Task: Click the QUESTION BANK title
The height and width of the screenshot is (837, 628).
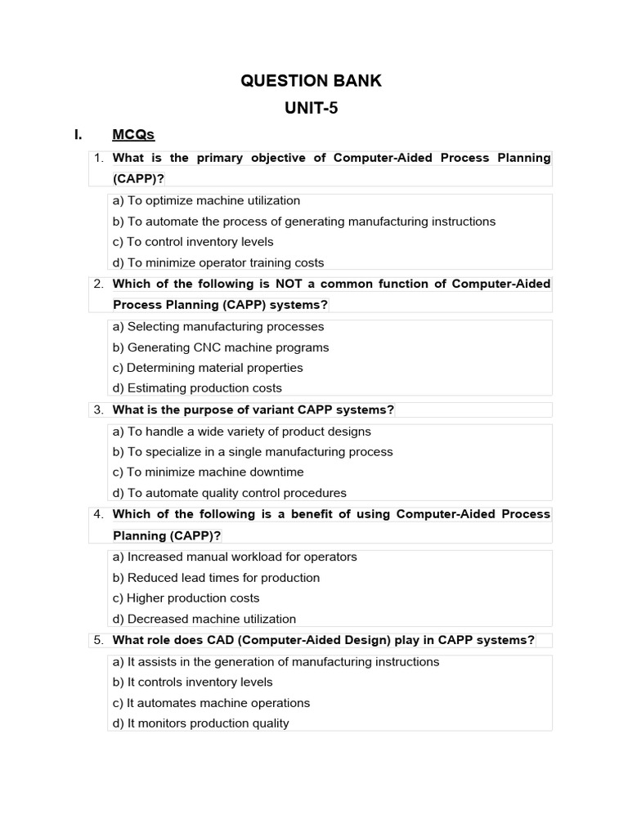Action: tap(311, 81)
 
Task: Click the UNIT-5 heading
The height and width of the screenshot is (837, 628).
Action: tap(311, 108)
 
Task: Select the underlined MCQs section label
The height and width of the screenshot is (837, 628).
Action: tap(133, 135)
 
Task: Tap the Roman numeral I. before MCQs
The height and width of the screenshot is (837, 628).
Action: tap(78, 135)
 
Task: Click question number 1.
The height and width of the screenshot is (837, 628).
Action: tap(98, 158)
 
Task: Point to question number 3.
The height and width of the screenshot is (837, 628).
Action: tap(98, 410)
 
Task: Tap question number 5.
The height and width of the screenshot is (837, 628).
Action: tap(98, 640)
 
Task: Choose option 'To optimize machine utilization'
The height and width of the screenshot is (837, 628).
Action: tap(206, 200)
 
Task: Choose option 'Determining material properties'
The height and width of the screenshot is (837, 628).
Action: tap(208, 368)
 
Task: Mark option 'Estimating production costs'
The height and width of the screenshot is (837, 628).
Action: tap(197, 388)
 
